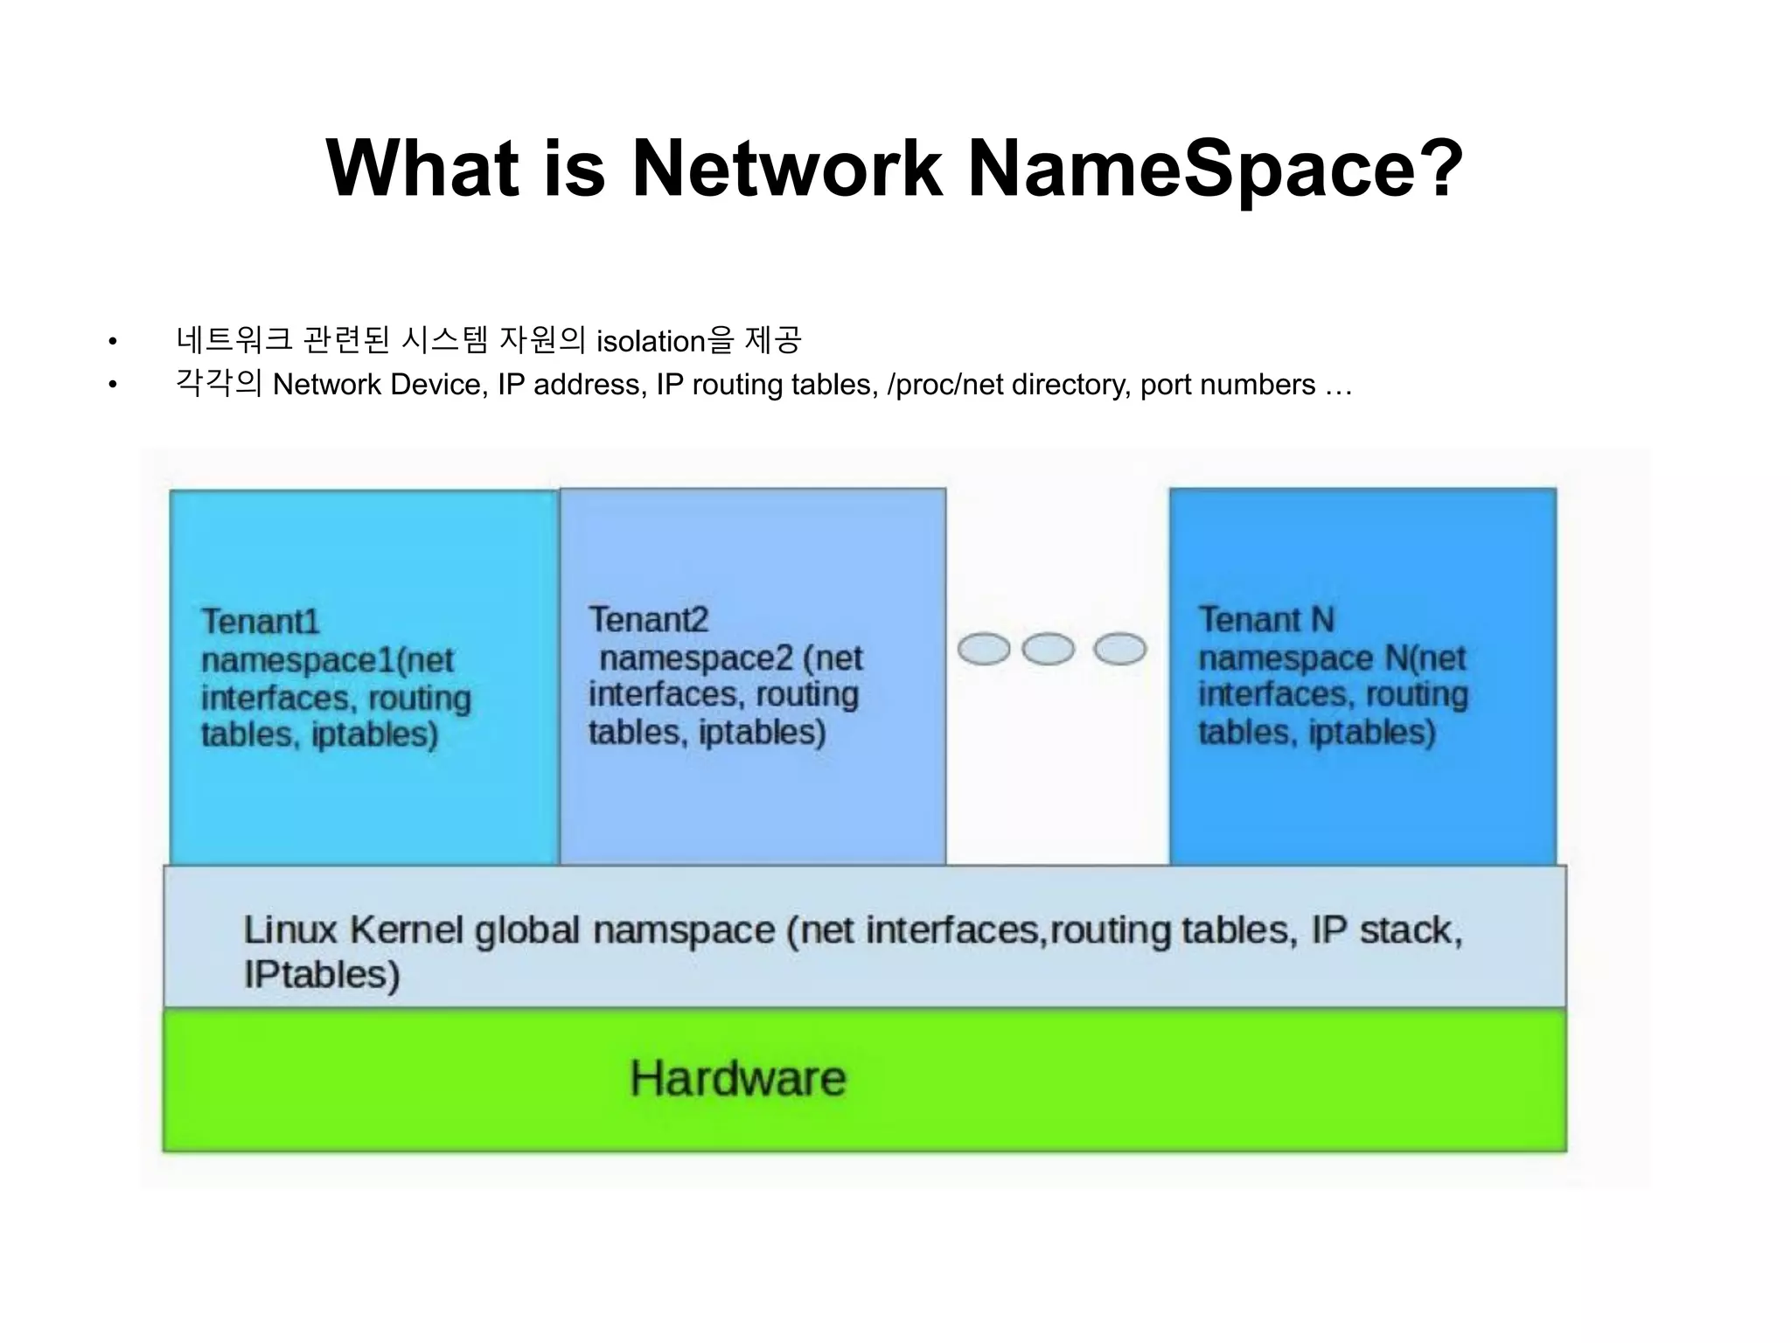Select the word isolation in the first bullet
(x=651, y=341)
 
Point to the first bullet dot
(x=112, y=342)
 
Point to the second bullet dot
(x=112, y=386)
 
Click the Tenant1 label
(x=261, y=622)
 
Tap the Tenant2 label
(x=648, y=620)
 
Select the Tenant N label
(x=1265, y=620)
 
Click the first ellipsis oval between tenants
(x=984, y=650)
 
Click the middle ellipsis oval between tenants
(x=1048, y=650)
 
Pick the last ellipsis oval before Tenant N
(x=1120, y=650)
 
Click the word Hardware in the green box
(x=738, y=1078)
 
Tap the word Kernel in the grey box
(x=407, y=930)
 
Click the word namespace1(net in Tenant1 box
(x=327, y=660)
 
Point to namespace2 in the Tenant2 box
(x=696, y=658)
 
